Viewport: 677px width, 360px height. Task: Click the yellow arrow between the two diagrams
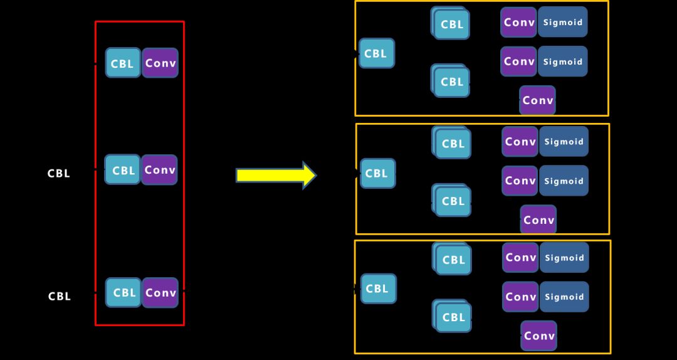[276, 176]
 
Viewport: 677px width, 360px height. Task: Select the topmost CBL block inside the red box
[123, 63]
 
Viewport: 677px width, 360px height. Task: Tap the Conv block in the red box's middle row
[159, 170]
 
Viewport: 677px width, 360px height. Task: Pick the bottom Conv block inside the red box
[160, 293]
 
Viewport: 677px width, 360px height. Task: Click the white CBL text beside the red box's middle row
[59, 174]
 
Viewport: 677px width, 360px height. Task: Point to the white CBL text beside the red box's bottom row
[60, 296]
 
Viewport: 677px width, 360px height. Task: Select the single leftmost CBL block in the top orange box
[376, 53]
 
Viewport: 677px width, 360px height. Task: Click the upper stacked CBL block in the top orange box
[451, 24]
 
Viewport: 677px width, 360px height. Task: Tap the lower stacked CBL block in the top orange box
[451, 82]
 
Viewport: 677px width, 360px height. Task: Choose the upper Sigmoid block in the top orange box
[562, 23]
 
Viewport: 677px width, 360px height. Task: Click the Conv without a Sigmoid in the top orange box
[537, 100]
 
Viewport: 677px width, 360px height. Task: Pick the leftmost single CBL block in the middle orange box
[377, 173]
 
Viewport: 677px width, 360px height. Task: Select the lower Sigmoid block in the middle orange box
[564, 181]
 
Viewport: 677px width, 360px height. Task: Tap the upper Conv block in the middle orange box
[520, 142]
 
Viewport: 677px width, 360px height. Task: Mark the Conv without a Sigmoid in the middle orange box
[538, 220]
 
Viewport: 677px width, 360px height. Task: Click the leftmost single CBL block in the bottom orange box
[378, 289]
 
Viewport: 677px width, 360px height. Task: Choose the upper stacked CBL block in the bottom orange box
[453, 259]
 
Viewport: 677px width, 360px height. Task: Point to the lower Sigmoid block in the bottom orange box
[564, 297]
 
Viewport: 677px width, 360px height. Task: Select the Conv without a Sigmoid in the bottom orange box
[539, 336]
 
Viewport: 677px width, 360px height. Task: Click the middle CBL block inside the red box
[123, 170]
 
